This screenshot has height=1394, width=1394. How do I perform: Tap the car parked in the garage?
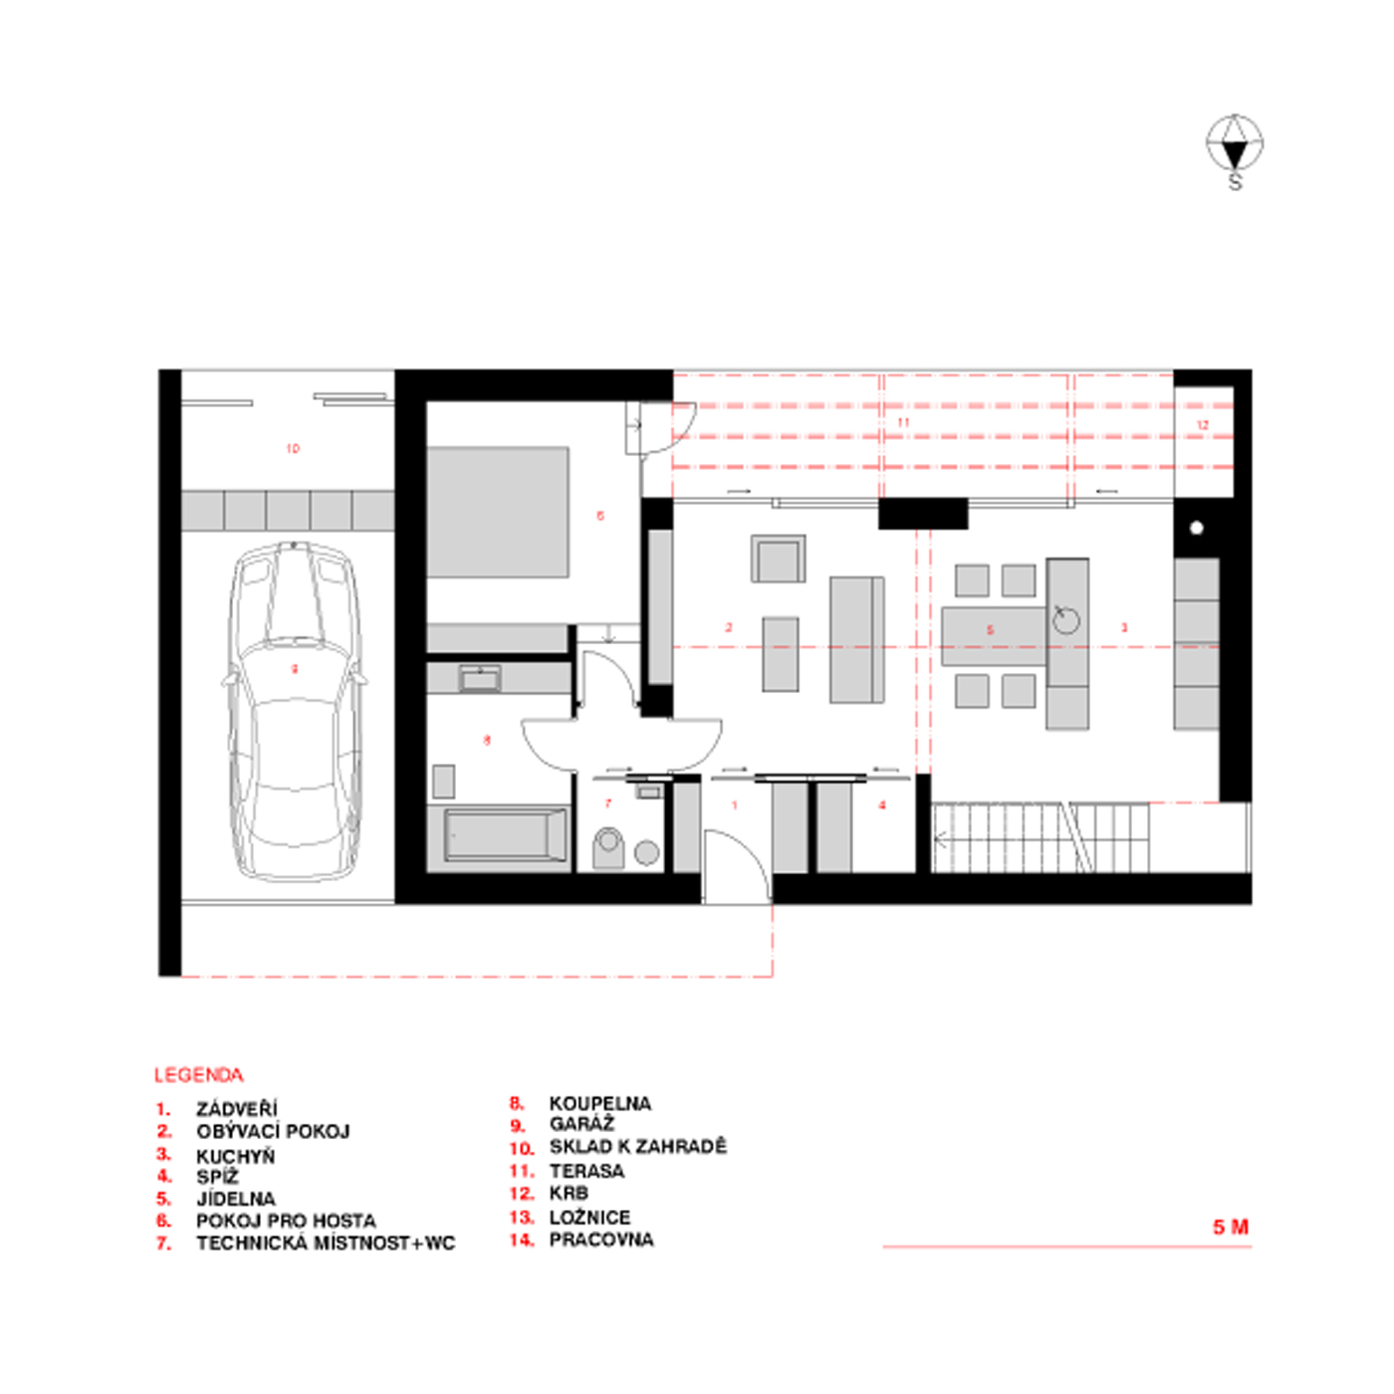tap(294, 712)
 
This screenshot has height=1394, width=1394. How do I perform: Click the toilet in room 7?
tap(608, 847)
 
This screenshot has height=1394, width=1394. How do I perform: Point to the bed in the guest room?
tap(498, 512)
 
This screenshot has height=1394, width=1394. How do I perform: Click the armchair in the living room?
tap(778, 559)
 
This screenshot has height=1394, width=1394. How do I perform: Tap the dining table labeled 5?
tap(992, 635)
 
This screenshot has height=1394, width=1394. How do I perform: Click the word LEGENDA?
tap(198, 1075)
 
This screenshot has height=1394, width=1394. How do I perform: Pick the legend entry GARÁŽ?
tap(581, 1124)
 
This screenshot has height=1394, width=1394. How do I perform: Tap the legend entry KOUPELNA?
tap(599, 1103)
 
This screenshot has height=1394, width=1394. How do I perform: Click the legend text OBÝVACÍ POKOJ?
tap(273, 1131)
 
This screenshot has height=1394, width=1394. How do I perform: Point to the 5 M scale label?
tap(1230, 1227)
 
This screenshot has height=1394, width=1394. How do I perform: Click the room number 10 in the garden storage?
tap(293, 449)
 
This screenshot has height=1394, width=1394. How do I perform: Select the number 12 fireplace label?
tap(1202, 425)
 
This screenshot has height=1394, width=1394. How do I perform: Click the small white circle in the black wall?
tap(1197, 528)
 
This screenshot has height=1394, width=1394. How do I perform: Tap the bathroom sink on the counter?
tap(480, 679)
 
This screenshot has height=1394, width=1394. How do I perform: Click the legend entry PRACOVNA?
tap(601, 1240)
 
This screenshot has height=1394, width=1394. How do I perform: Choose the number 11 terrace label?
tap(903, 423)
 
